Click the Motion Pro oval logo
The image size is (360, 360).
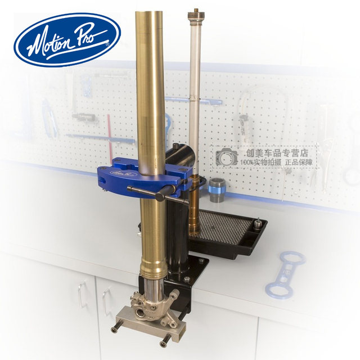[67, 40]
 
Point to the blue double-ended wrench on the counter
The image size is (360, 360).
[285, 273]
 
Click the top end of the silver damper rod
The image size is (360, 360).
[195, 12]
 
